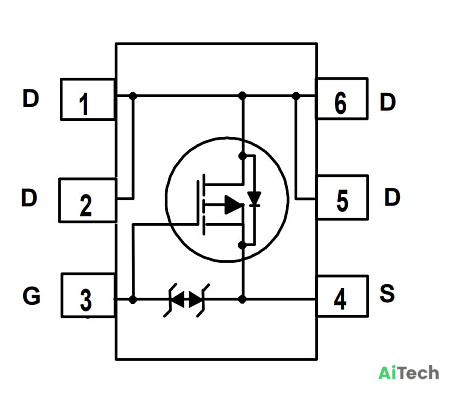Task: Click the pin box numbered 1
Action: [x=88, y=99]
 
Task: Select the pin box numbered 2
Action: [x=88, y=200]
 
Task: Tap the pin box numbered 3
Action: [x=88, y=295]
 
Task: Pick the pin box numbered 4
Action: [x=342, y=296]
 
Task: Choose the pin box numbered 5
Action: [x=342, y=197]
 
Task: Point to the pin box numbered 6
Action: [x=342, y=98]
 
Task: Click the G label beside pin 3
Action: [x=32, y=296]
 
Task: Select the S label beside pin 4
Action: [x=387, y=293]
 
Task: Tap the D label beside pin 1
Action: [x=30, y=98]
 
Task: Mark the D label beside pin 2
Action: [x=29, y=197]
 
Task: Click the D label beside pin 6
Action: [x=388, y=102]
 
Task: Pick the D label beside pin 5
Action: [x=392, y=197]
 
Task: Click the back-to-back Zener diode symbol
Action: [x=186, y=300]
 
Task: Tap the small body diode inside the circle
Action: [x=254, y=199]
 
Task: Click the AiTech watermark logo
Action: [x=409, y=372]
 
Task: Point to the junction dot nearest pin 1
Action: [x=133, y=96]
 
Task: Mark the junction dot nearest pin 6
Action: [x=296, y=96]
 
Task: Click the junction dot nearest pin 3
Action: [x=133, y=300]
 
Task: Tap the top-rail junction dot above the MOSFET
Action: [x=243, y=96]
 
